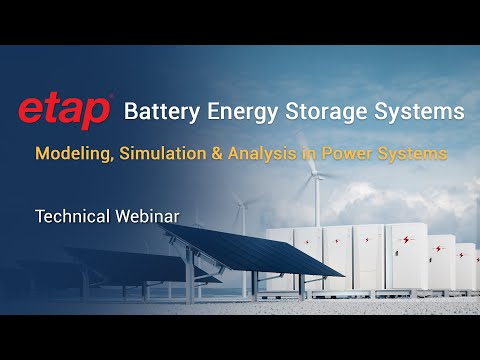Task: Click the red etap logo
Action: point(64,112)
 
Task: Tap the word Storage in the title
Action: point(334,112)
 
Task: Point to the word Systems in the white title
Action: point(424,111)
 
